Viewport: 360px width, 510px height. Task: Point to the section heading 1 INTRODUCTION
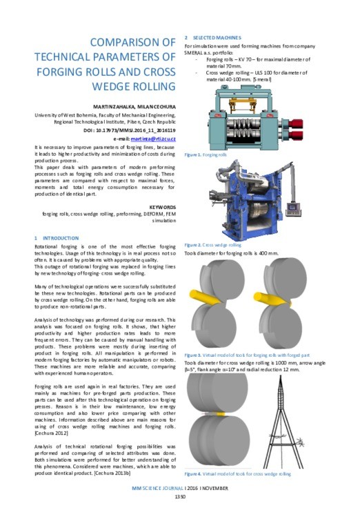pos(59,237)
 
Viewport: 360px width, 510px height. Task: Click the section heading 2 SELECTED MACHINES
pos(215,36)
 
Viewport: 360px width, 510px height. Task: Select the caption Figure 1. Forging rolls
pos(205,156)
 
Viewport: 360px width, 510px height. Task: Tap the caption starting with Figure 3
pos(235,354)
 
